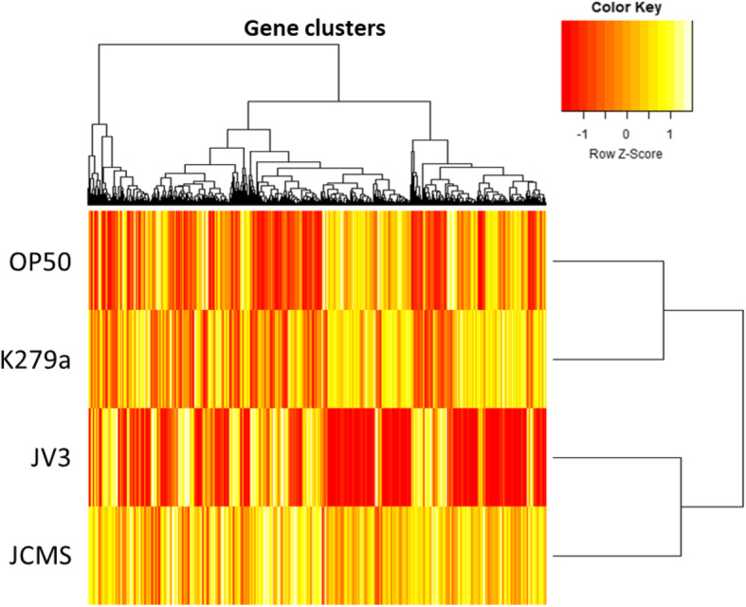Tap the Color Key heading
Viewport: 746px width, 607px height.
pos(627,7)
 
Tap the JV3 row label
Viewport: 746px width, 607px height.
pos(53,458)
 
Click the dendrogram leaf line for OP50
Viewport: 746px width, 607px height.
pos(607,261)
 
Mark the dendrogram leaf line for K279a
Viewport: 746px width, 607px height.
pos(607,359)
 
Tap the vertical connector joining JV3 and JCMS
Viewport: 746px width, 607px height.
pos(681,507)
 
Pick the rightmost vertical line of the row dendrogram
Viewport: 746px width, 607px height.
pos(742,408)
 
